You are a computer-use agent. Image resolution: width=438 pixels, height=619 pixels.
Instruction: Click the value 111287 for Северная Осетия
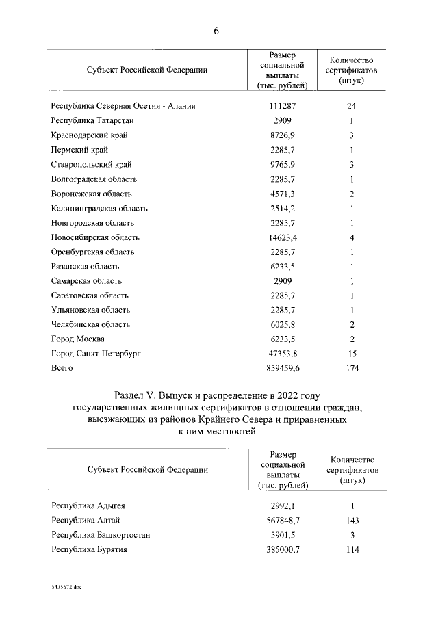283,106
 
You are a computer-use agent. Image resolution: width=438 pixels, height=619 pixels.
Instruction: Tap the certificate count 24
351,106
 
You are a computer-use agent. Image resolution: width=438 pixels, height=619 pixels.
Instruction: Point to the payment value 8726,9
283,135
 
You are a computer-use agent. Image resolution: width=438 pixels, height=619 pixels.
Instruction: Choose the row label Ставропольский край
92,165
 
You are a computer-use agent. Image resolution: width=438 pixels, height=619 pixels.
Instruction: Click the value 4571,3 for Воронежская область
283,194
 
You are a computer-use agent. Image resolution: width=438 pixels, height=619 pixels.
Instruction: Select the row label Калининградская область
99,209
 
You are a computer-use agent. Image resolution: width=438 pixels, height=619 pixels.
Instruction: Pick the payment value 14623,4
283,237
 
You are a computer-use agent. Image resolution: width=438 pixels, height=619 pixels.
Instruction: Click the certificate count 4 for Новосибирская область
351,237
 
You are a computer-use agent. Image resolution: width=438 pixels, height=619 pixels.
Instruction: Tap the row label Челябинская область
90,324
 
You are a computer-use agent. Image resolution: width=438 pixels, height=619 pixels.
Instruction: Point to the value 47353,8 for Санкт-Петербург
283,354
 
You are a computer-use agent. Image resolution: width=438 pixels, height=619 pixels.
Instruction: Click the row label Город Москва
78,339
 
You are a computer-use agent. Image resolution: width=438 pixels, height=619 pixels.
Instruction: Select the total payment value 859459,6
283,368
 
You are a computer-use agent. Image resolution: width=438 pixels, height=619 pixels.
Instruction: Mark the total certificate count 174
351,368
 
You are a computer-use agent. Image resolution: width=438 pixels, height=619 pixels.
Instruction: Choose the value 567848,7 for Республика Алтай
283,521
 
